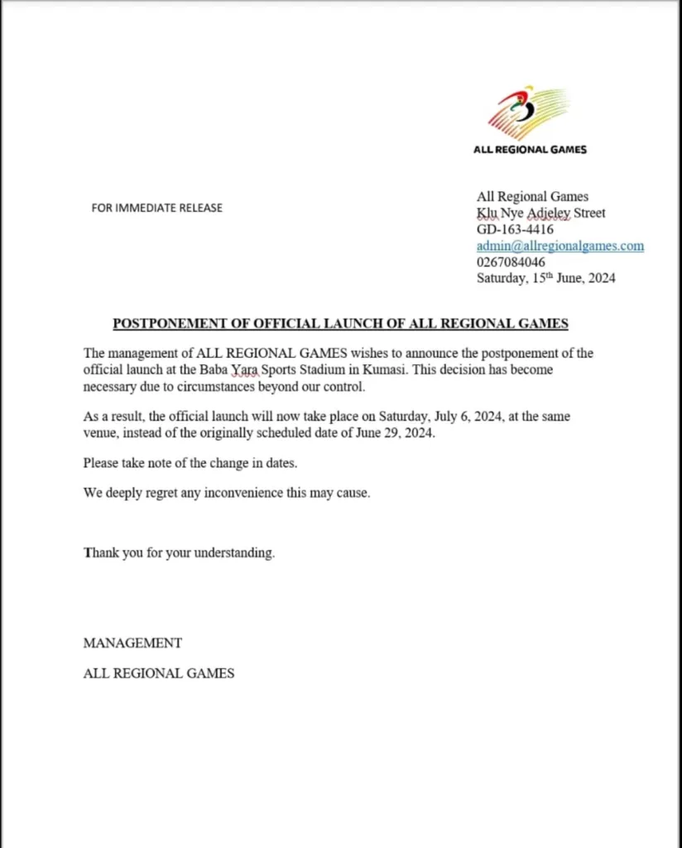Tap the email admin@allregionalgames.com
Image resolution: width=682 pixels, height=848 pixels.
560,246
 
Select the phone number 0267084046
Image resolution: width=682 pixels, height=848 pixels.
511,262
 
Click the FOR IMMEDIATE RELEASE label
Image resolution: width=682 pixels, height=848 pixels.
156,208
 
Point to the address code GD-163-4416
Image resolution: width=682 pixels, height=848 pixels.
515,229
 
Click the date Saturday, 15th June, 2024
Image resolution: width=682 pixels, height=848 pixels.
545,278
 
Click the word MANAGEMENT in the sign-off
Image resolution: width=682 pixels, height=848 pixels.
132,643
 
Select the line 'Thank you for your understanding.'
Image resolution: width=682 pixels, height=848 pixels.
179,553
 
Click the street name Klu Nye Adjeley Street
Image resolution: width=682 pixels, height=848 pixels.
540,213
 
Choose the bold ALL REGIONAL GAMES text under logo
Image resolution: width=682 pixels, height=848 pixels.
530,150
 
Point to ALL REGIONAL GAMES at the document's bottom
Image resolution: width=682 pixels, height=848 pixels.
159,673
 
